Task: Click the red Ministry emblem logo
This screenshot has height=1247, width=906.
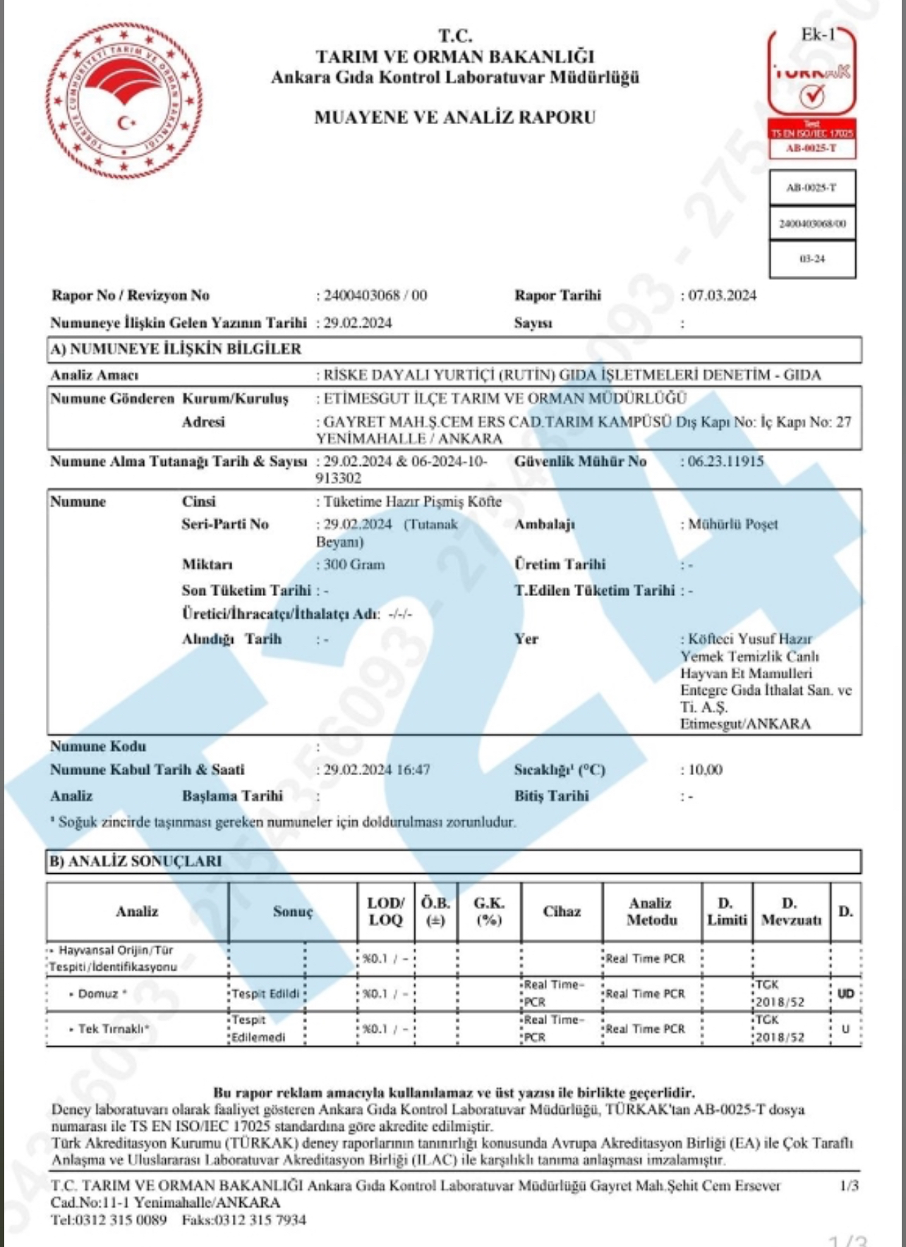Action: coord(124,101)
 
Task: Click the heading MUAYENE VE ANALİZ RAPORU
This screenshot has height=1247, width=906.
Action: coord(454,117)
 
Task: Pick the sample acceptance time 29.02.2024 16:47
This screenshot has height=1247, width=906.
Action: coord(376,770)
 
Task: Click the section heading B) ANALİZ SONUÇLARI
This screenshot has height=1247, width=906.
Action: coord(135,861)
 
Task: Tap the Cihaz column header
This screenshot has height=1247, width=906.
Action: coord(562,911)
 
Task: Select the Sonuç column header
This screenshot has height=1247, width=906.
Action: coord(293,911)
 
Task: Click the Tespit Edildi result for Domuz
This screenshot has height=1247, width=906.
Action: coord(265,994)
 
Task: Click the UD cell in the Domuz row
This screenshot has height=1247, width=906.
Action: coord(845,994)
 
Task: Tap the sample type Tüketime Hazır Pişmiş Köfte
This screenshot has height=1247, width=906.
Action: coord(412,501)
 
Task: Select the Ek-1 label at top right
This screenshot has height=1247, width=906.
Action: coord(818,35)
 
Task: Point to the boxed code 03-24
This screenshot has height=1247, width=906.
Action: coord(812,259)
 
